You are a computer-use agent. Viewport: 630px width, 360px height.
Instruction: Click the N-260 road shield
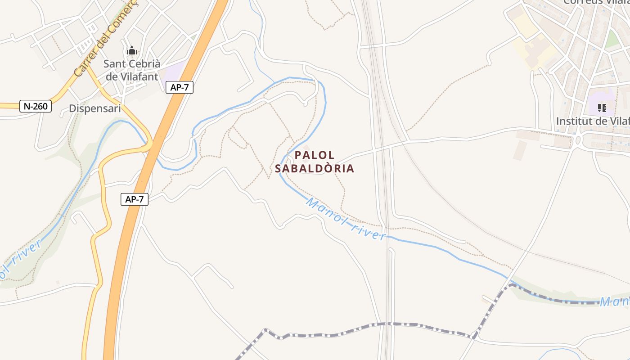(x=36, y=107)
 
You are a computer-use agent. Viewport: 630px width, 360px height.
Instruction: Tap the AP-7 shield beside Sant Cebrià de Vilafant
(x=180, y=87)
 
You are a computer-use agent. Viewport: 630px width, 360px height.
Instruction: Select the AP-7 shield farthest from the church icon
(x=135, y=199)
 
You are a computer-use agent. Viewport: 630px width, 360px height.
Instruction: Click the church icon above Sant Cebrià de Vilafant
(x=131, y=50)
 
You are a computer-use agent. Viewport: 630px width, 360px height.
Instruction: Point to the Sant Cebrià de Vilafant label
(x=132, y=70)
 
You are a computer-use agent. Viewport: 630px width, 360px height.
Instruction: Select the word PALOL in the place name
(x=315, y=155)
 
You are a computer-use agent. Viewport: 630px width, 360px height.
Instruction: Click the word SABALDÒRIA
(x=315, y=169)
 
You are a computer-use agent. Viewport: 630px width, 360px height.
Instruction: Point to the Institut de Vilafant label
(x=592, y=121)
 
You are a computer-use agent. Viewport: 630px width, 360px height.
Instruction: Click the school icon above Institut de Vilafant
(x=602, y=108)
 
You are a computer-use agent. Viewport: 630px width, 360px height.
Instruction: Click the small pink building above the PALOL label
(x=306, y=147)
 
